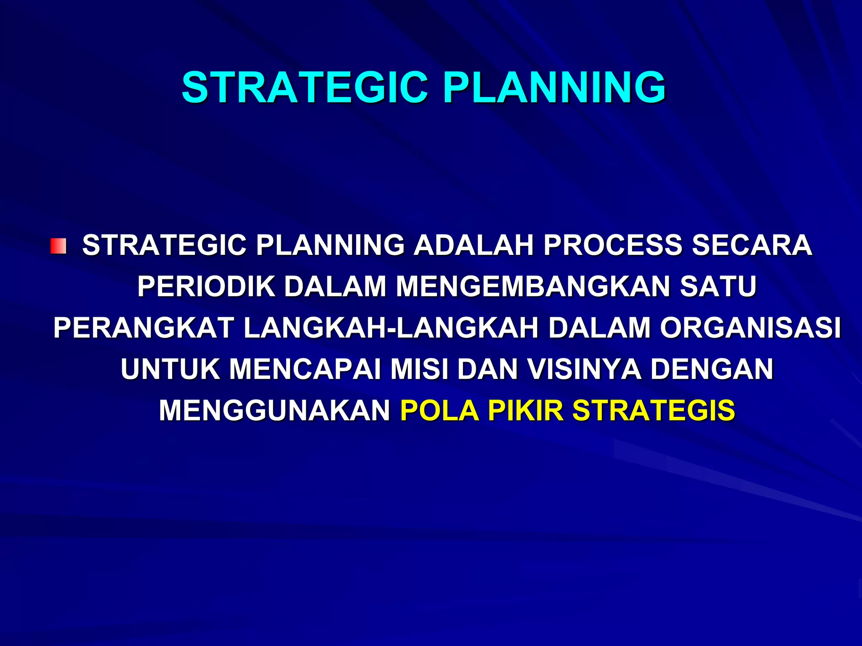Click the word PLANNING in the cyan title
554,87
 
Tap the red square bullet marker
59,246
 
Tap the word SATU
718,286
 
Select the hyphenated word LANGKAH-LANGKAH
391,328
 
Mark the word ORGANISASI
750,328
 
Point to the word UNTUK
170,369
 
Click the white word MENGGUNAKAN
274,410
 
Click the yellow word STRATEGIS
654,410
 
